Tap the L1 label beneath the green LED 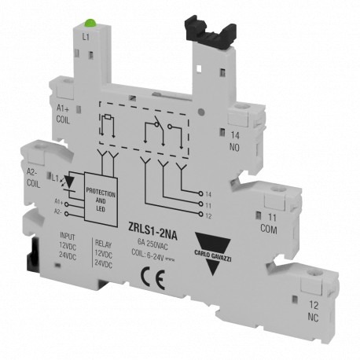(x=86, y=36)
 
